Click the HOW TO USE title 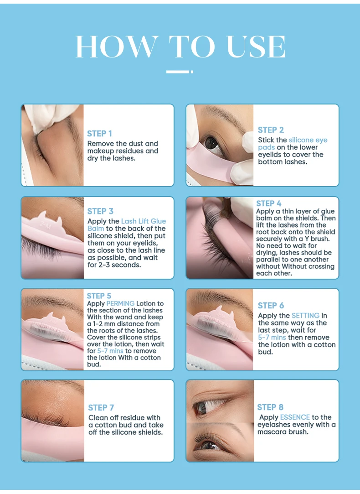click(x=180, y=46)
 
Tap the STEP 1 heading click(x=99, y=133)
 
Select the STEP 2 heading click(x=270, y=130)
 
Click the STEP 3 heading click(x=100, y=211)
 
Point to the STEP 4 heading click(x=269, y=203)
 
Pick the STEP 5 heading click(x=99, y=296)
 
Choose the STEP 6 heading click(x=271, y=306)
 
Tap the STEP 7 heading click(x=101, y=407)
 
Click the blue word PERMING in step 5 click(x=120, y=303)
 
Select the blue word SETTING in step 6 click(x=306, y=316)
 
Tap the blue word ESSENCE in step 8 click(x=295, y=417)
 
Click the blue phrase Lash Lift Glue click(x=143, y=221)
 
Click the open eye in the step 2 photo click(x=212, y=143)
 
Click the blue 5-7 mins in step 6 click(x=272, y=338)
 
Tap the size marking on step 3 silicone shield click(x=44, y=224)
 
